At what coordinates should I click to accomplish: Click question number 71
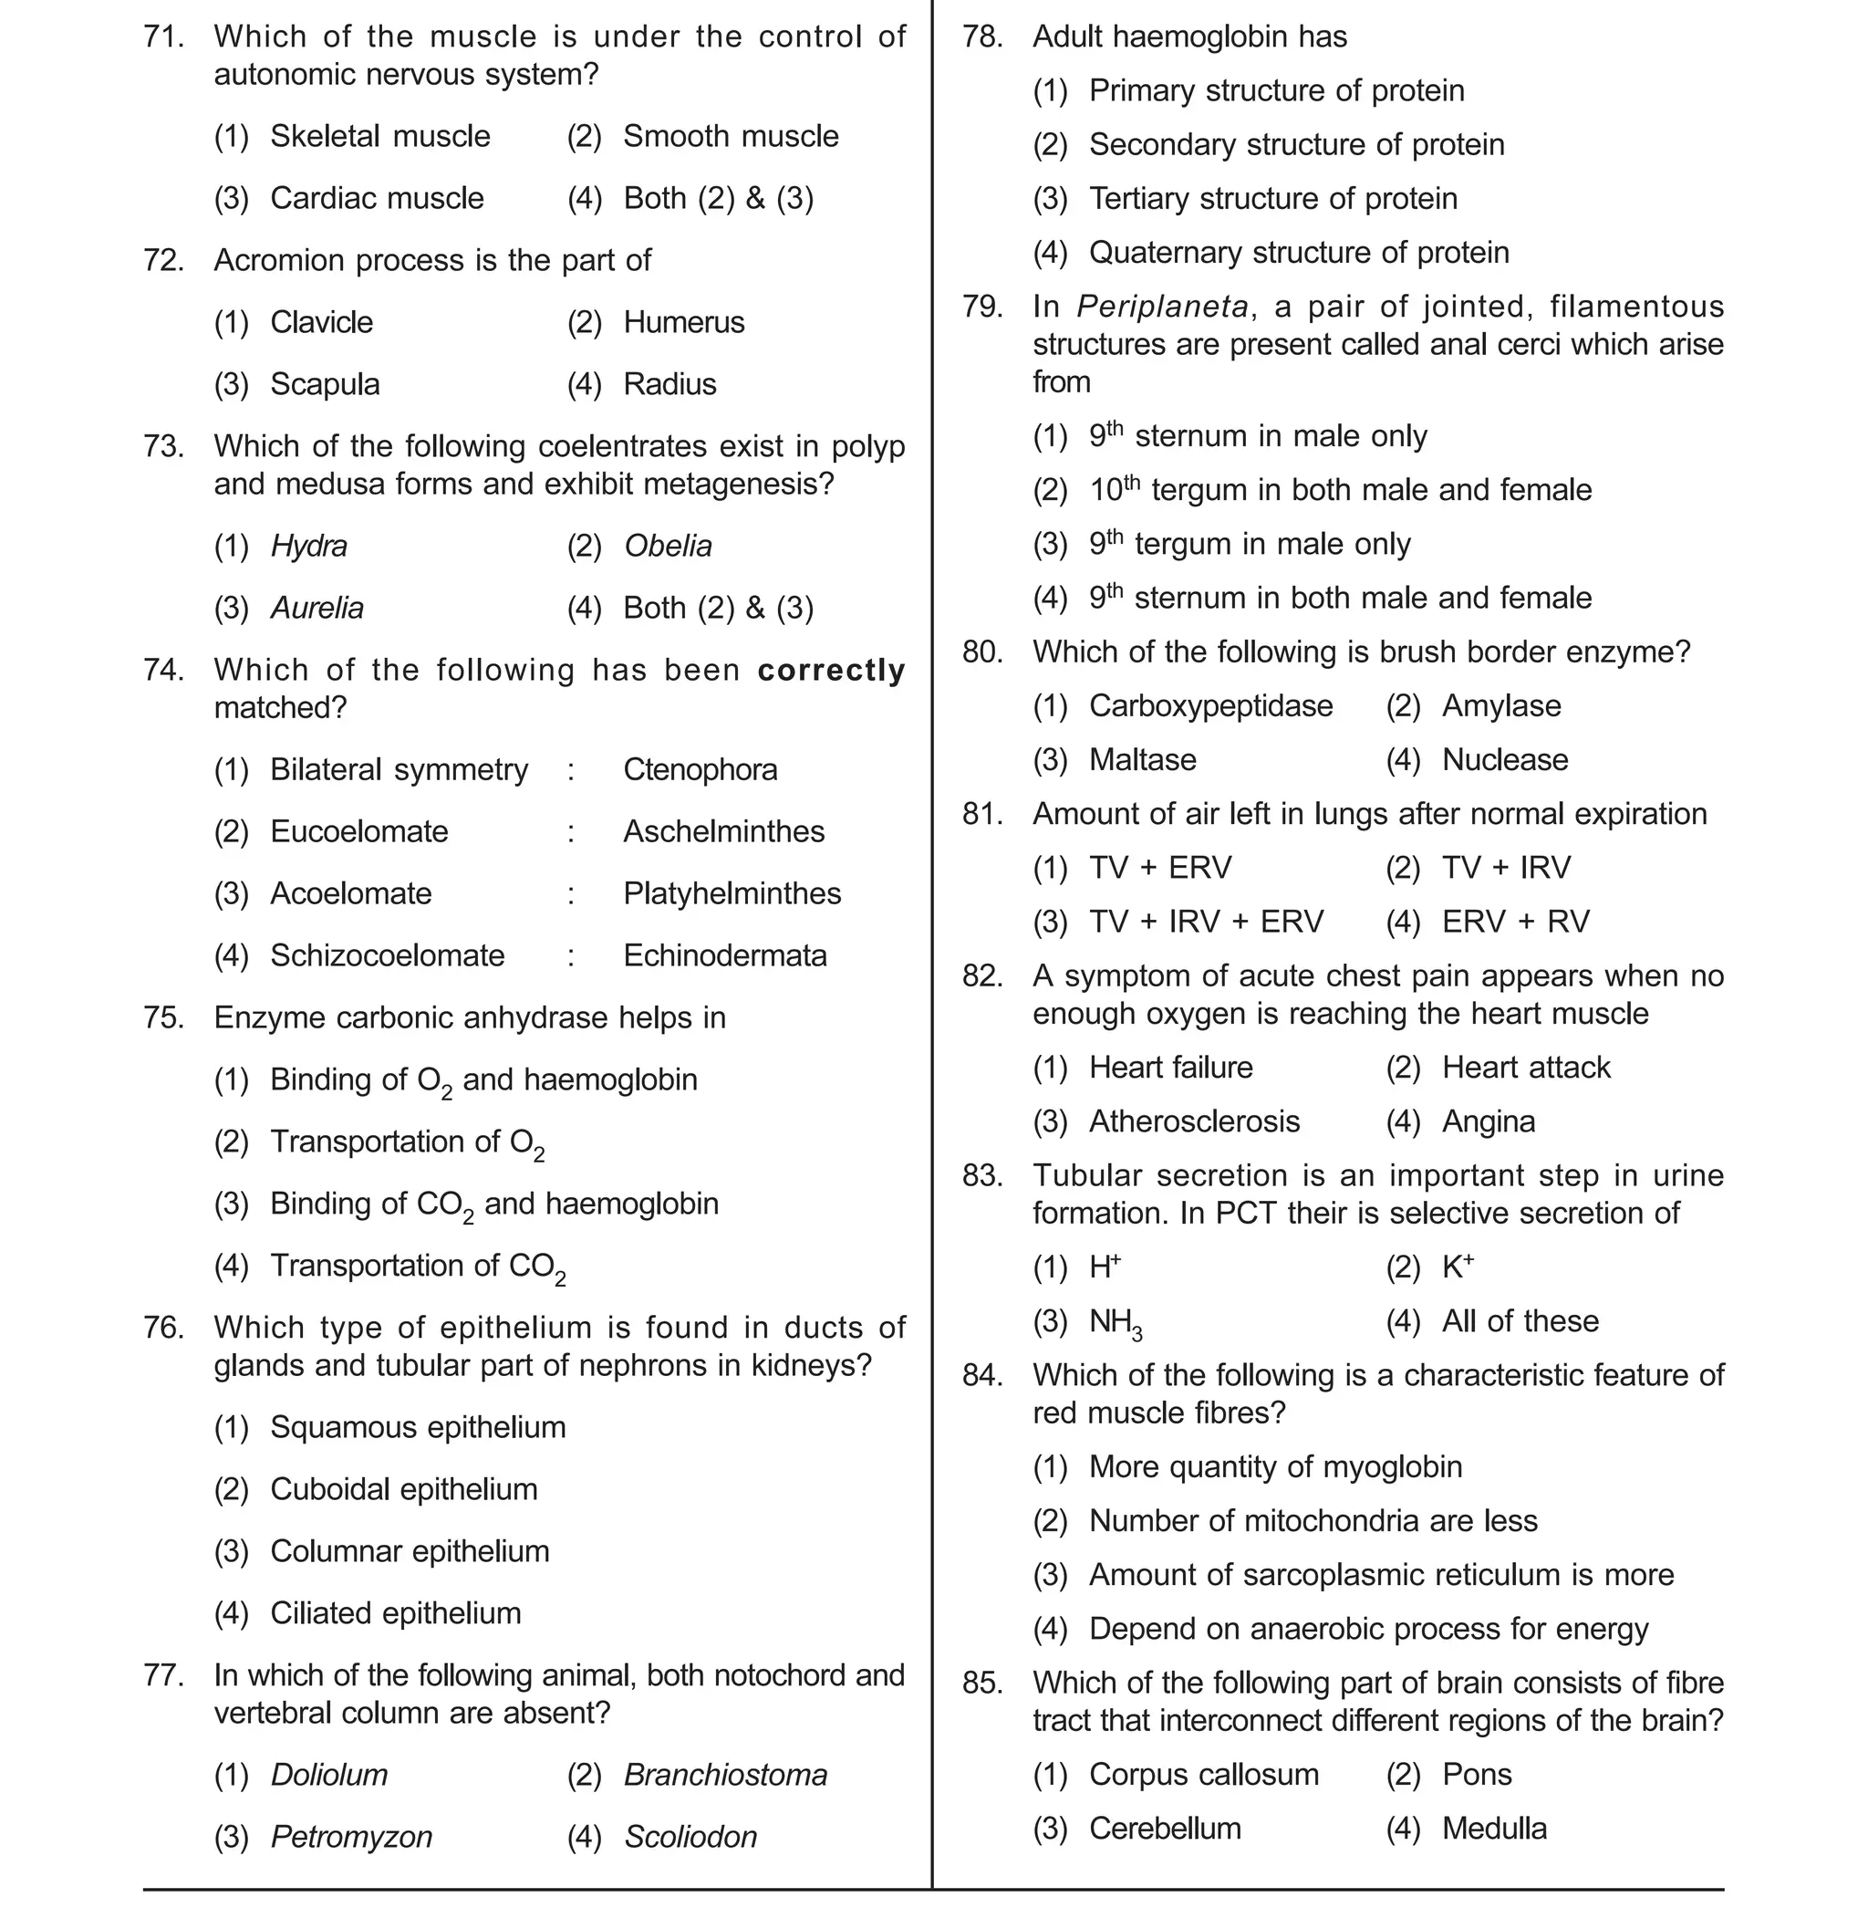click(x=163, y=37)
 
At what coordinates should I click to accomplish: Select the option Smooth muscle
click(x=730, y=137)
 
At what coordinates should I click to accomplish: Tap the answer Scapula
click(x=324, y=385)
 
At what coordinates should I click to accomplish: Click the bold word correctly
click(x=831, y=671)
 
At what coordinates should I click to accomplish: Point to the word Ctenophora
click(x=700, y=770)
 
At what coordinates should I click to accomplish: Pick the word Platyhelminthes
click(x=732, y=894)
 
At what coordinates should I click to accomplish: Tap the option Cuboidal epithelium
click(x=403, y=1490)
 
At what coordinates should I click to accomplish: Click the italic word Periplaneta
click(x=1162, y=308)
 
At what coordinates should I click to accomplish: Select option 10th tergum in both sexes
click(x=1339, y=490)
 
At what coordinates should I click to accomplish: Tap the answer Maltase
click(x=1142, y=761)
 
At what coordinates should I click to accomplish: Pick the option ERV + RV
click(x=1515, y=923)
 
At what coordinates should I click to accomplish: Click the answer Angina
click(x=1488, y=1121)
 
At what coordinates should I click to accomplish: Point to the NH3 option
click(x=1115, y=1323)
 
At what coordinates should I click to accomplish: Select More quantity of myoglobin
click(x=1274, y=1467)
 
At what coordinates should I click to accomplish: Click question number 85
click(x=982, y=1684)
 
